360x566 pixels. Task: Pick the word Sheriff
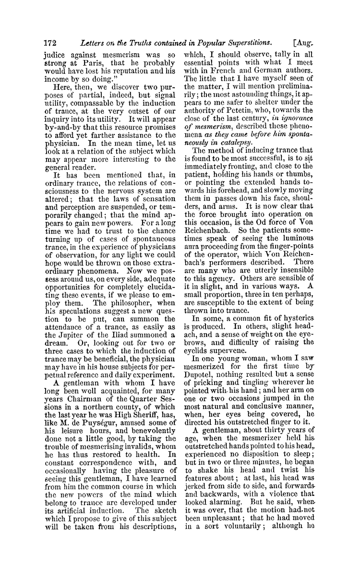(x=148, y=411)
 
